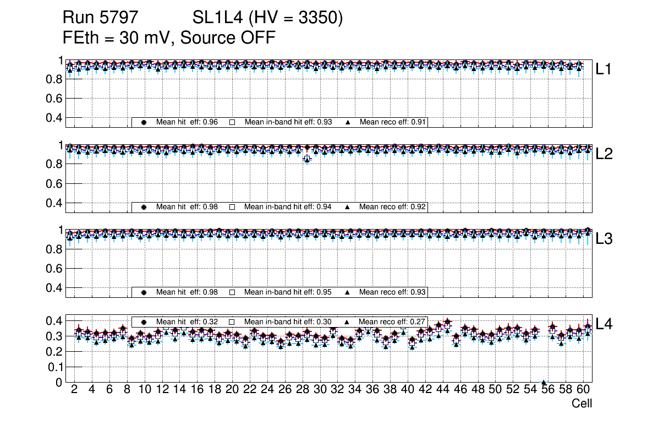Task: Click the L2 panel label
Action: (x=604, y=154)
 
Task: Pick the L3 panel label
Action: (x=604, y=239)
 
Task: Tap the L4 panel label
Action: (x=604, y=324)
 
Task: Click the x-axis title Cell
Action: (x=582, y=404)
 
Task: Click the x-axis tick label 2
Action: (x=74, y=390)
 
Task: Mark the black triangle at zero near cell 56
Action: (x=544, y=383)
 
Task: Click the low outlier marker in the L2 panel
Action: (x=307, y=159)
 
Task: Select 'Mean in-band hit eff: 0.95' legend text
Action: (x=288, y=292)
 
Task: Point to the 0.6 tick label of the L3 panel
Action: (x=54, y=269)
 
